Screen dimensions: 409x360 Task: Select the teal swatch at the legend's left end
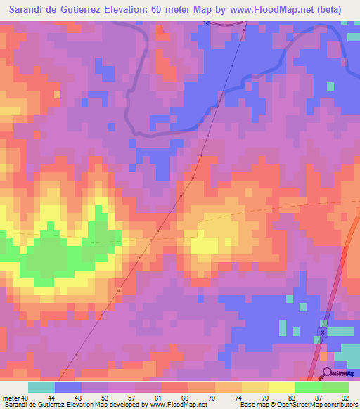pos(41,387)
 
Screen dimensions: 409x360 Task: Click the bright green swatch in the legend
pos(309,387)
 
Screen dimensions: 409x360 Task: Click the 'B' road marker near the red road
pos(323,332)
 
